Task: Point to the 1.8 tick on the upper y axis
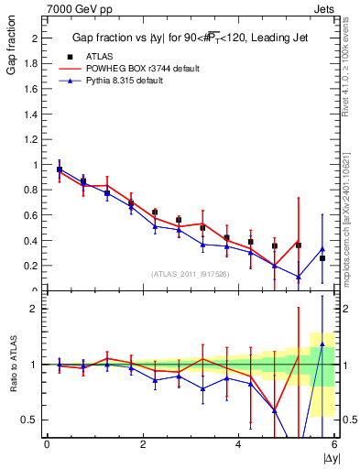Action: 35,64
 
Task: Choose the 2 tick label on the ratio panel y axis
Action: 38,309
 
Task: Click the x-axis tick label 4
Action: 238,444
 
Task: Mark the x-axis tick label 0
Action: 47,444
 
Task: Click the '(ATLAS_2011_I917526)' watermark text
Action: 190,274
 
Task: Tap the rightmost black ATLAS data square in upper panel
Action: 322,258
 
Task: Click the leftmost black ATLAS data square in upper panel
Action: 60,169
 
